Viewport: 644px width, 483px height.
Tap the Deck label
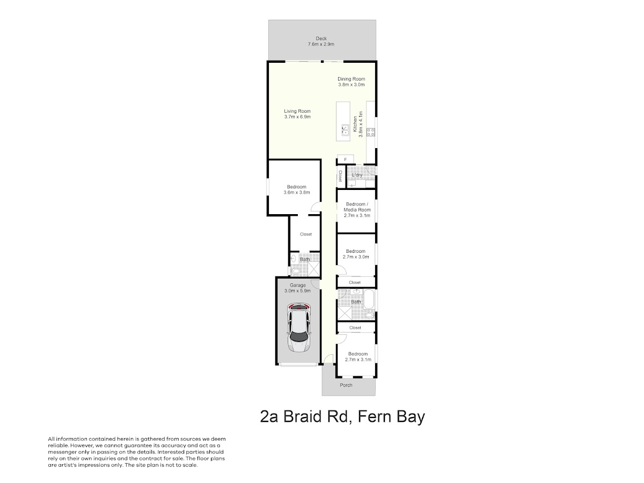point(321,39)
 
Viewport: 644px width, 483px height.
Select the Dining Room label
point(351,79)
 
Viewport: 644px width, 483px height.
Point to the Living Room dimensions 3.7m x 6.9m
point(297,116)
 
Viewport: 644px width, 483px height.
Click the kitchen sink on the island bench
point(345,130)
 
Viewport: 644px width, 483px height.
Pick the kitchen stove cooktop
point(370,132)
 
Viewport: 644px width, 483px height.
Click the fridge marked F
point(345,159)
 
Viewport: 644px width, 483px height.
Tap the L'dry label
point(357,175)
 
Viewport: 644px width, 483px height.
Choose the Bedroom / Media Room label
point(357,207)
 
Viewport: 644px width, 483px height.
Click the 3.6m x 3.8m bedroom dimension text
point(297,192)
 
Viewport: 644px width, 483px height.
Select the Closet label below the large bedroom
point(306,234)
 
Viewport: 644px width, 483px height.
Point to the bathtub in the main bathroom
point(369,299)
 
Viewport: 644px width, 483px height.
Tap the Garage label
point(297,285)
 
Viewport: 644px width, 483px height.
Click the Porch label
point(346,385)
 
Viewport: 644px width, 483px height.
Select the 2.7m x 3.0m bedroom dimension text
point(356,257)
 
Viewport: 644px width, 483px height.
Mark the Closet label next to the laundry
point(340,176)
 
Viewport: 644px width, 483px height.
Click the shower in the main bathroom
point(345,313)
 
